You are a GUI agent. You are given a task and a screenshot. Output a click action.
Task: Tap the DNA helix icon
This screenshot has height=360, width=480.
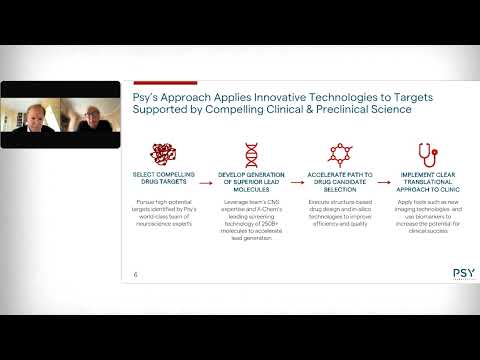[x=252, y=154]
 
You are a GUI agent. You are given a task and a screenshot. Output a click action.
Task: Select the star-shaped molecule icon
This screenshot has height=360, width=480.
[x=340, y=154]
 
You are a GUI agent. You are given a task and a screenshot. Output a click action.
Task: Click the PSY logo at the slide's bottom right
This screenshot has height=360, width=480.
[x=463, y=272]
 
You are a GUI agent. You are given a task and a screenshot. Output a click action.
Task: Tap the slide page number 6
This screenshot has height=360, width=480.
[x=136, y=273]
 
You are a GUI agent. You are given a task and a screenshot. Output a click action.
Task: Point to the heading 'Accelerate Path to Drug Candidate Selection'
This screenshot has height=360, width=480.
[x=340, y=183]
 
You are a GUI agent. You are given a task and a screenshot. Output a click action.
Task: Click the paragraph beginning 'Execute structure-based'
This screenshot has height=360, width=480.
[x=340, y=213]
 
